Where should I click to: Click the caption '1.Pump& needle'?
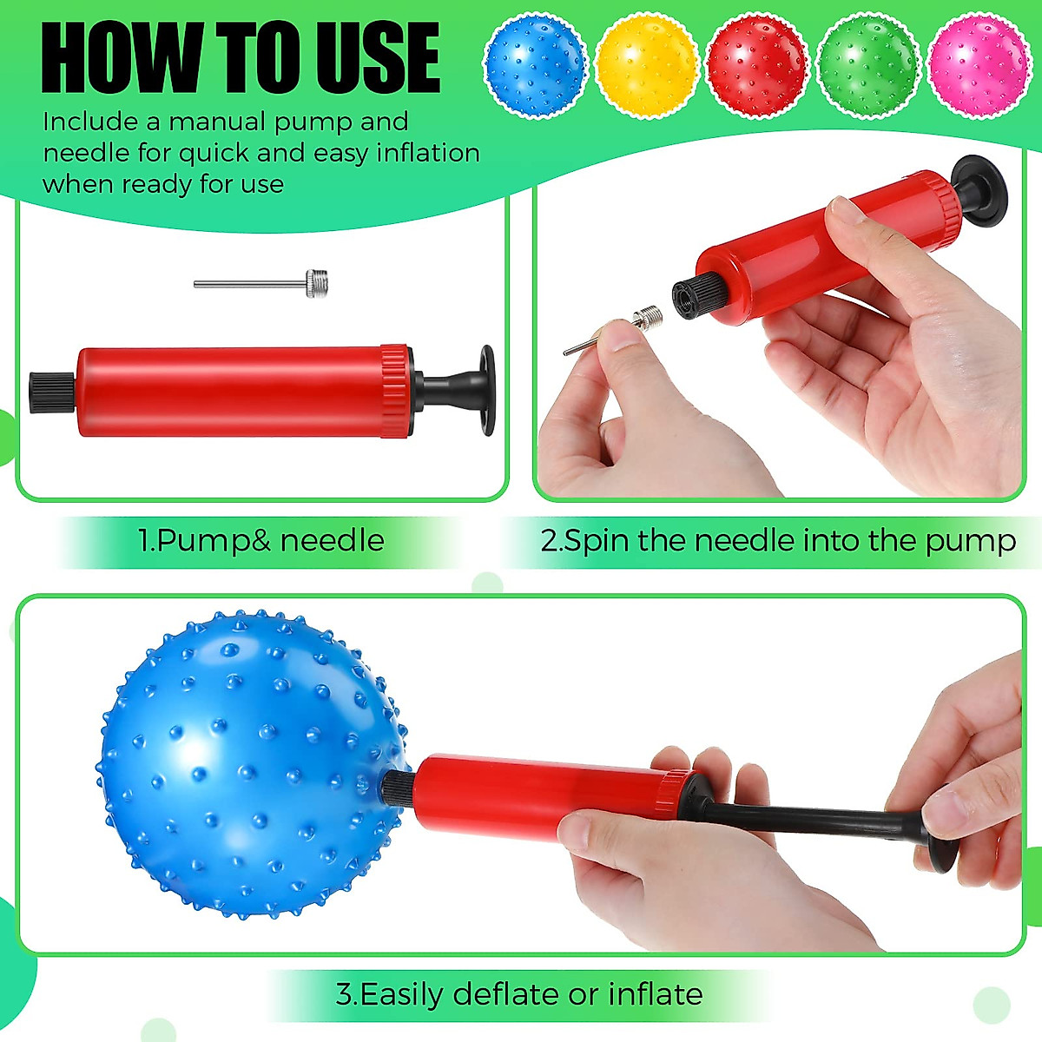260,541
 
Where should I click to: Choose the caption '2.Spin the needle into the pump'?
778,541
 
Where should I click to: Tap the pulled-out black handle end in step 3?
942,842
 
